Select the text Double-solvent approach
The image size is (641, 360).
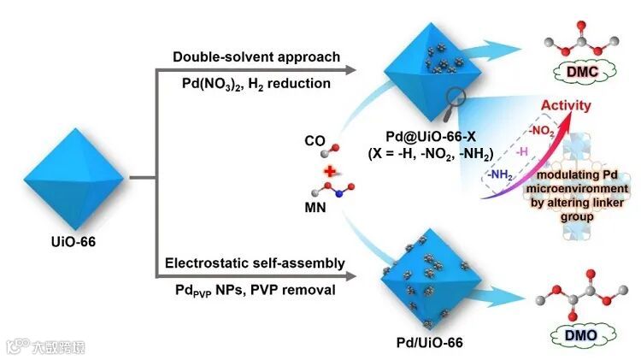256,57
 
